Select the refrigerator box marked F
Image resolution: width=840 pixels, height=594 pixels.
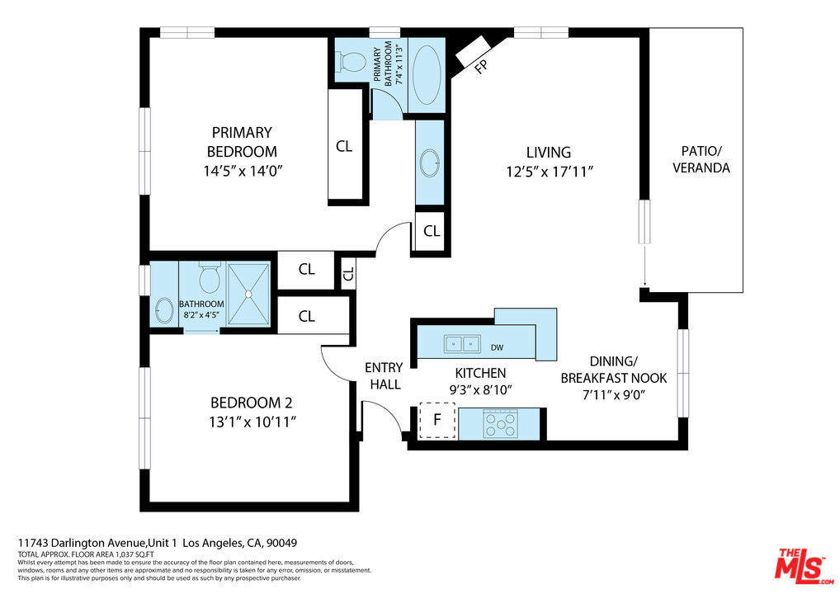437,420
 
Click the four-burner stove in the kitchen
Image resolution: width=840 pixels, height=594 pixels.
501,424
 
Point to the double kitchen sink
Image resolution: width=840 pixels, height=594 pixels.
461,342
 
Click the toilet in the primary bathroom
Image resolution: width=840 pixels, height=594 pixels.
354,59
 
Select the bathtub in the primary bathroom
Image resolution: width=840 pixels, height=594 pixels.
426,74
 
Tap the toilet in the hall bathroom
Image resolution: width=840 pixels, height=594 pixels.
209,279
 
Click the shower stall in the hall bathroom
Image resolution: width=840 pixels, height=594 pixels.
248,294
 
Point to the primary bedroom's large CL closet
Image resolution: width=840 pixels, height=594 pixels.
344,146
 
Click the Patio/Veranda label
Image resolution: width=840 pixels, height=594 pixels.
701,159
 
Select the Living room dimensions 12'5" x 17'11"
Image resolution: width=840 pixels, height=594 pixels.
549,172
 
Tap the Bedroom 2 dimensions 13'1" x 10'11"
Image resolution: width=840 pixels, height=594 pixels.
252,422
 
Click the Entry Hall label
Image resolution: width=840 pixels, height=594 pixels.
384,375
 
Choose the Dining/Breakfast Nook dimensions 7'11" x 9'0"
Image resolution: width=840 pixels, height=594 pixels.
613,394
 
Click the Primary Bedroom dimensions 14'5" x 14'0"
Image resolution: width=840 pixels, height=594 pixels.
242,172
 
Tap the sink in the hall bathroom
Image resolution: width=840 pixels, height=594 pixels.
164,310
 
